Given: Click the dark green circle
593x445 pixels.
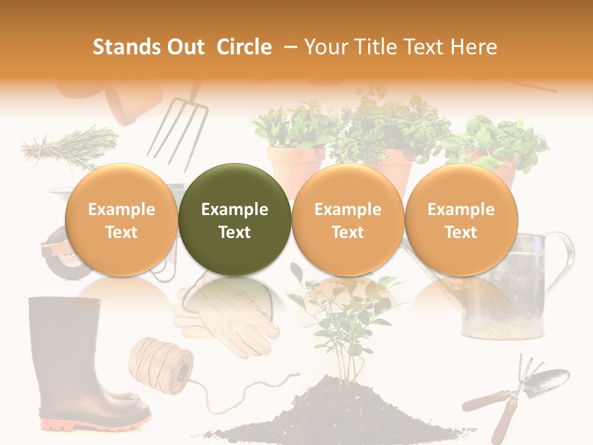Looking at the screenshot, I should pyautogui.click(x=235, y=220).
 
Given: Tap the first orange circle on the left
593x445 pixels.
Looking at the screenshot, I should pyautogui.click(x=121, y=220).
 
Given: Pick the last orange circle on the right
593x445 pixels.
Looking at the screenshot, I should pyautogui.click(x=461, y=220).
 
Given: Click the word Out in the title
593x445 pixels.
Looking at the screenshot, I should pyautogui.click(x=186, y=47).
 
